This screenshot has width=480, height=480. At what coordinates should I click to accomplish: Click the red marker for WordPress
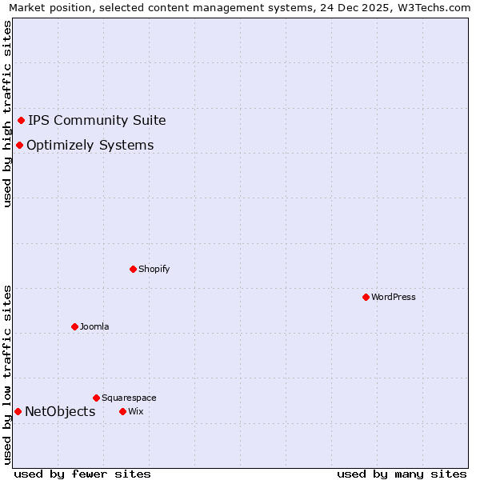pos(366,297)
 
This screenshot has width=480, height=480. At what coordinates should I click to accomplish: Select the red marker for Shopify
pos(133,269)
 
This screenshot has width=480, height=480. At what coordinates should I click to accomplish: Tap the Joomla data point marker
pos(74,326)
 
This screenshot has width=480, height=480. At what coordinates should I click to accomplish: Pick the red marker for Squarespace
pos(96,398)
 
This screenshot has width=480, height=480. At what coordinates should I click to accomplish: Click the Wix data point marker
pos(122,411)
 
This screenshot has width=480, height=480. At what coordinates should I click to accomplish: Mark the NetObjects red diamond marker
pos(18,411)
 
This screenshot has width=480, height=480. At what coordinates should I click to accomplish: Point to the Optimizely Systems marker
pos(19,145)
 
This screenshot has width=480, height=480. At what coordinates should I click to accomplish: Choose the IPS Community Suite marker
pos(22,120)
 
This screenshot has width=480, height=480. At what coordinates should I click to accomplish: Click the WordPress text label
pos(394,297)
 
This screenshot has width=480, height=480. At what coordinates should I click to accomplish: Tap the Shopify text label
pos(154,269)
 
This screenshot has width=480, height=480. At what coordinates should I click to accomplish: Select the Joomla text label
pos(94,326)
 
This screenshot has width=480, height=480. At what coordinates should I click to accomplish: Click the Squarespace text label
pos(129,398)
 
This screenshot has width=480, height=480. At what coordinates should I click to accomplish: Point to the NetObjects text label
pos(60,411)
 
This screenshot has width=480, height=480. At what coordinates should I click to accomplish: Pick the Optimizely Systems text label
pos(90,145)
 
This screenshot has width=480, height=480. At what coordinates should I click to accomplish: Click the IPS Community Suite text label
pos(97,120)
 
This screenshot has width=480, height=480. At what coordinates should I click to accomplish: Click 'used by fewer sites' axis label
pos(82,474)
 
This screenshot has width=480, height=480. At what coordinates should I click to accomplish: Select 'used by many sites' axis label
pos(402,474)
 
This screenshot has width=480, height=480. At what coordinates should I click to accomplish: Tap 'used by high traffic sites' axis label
pos(7,114)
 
